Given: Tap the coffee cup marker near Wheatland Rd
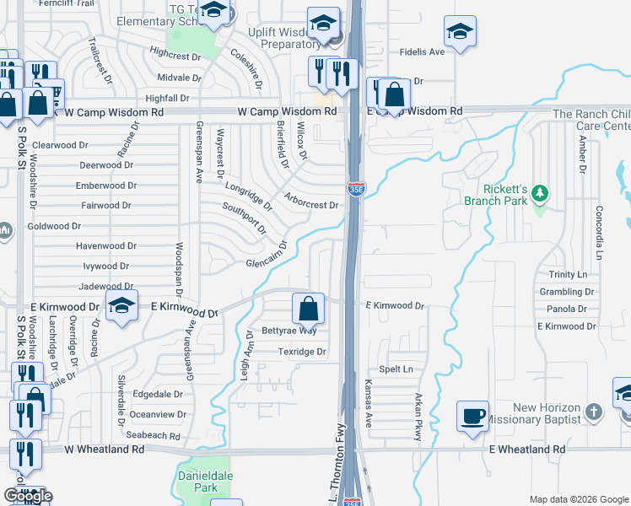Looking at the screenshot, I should pos(472,415).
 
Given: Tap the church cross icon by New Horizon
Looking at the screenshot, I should pos(594,412).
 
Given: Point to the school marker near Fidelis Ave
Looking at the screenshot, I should pos(460,32).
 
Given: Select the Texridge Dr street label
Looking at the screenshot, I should pos(302,352).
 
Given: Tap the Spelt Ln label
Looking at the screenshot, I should pos(396,369).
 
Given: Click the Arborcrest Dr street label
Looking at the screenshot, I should pos(311,204).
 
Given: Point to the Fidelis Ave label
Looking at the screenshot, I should pos(423,52).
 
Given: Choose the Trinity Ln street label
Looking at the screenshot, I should pos(567,275).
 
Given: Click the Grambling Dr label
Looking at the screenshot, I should pos(567,292).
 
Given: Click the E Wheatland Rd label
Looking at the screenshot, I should pos(527,450).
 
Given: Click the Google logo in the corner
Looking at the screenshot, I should pos(28,496).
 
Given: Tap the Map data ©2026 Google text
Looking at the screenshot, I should pos(578,499).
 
